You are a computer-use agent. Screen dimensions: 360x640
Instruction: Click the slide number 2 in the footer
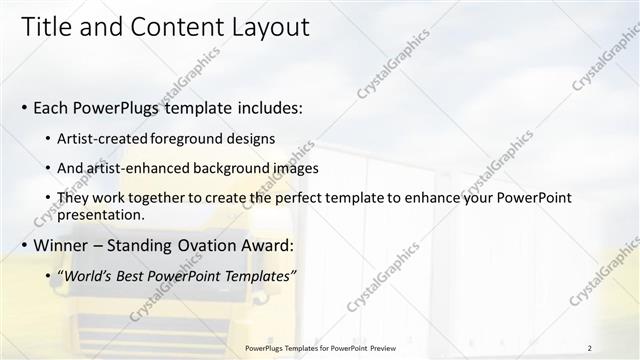[589, 348]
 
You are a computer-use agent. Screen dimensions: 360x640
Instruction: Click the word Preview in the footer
[380, 348]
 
